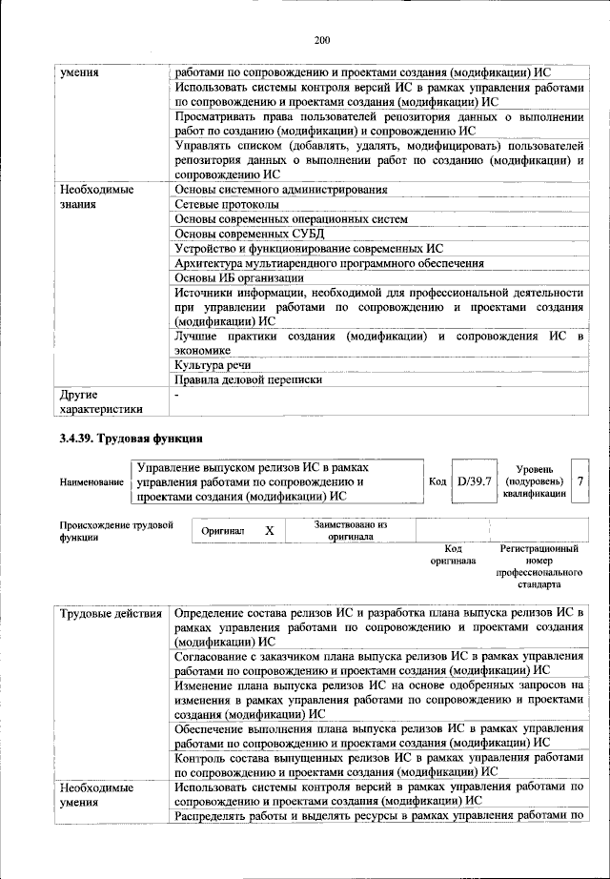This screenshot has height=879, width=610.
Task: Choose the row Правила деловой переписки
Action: click(x=248, y=380)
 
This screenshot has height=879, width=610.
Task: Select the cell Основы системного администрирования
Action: click(x=273, y=190)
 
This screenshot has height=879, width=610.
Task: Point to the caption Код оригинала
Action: click(x=453, y=555)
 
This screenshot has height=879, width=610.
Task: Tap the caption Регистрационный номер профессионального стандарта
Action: click(x=539, y=567)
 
